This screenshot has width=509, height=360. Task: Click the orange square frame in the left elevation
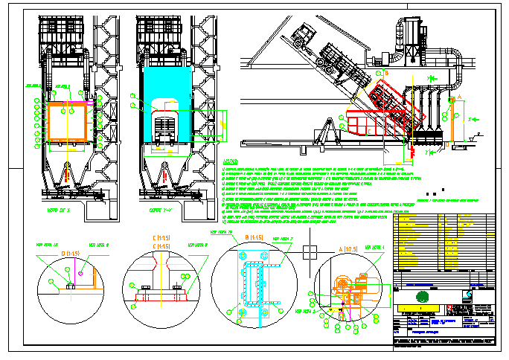[68, 123]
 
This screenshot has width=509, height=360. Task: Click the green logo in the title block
[423, 295]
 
